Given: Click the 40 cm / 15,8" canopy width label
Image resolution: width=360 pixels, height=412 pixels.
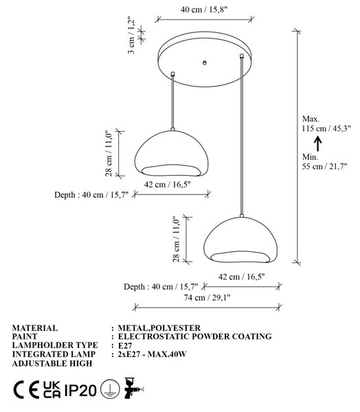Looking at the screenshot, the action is click(x=204, y=10).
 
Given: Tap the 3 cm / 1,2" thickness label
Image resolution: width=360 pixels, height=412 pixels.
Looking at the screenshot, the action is click(x=131, y=36).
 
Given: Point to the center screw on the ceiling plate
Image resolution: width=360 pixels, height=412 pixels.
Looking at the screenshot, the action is click(x=205, y=62).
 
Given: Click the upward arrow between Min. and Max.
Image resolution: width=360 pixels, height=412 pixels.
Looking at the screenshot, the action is click(x=318, y=144).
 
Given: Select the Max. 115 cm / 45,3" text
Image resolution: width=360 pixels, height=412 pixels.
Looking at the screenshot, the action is click(x=326, y=124).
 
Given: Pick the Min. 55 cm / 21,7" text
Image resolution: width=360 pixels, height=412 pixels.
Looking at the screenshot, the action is click(x=324, y=161).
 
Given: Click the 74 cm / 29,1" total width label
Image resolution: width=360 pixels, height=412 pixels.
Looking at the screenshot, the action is click(x=207, y=298).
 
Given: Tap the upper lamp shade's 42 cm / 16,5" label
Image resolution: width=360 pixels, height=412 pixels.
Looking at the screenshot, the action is click(x=167, y=185).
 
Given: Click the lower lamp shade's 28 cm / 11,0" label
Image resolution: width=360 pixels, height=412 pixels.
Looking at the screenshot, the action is click(x=176, y=239).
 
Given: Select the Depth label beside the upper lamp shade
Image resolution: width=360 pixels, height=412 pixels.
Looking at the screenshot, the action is click(x=91, y=195).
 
